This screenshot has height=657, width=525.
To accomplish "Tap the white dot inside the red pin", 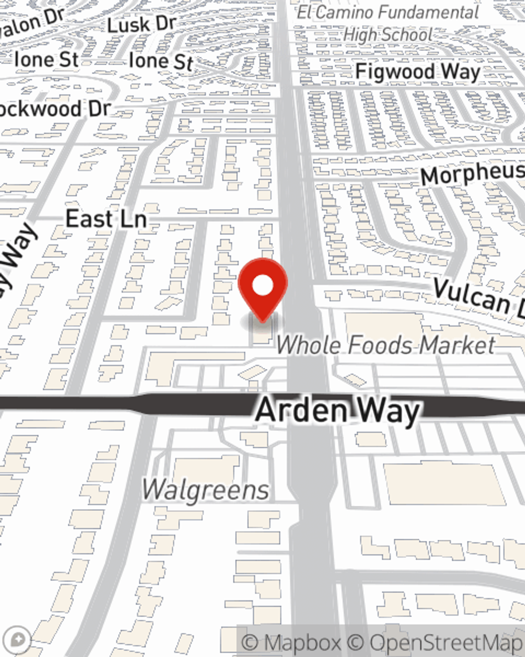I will point(263,286).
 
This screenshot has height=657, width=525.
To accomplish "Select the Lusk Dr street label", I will point(141,24).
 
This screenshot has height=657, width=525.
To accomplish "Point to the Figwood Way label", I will point(417,71).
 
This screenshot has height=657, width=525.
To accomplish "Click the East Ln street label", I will point(106,219).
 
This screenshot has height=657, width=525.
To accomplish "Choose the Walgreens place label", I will point(205,490).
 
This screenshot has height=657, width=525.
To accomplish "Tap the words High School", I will point(388,35).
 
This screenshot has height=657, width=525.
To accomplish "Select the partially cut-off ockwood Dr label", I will point(55,109).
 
